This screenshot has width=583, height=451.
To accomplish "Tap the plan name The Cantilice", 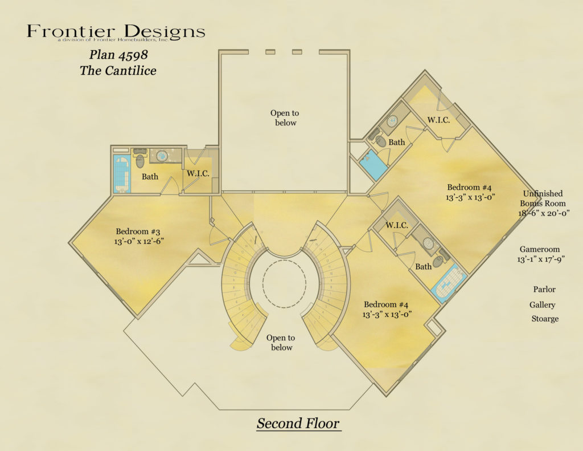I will click(x=118, y=71).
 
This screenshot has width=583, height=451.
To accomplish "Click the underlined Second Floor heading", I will click(x=298, y=424).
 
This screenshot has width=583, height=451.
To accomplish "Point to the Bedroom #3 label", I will click(x=138, y=231).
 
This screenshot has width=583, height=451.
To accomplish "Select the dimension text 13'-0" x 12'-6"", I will click(x=138, y=242).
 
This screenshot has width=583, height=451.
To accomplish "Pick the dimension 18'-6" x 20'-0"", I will click(x=544, y=213).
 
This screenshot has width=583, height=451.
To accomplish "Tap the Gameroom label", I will click(x=540, y=249).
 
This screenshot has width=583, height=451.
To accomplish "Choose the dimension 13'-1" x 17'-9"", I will click(x=541, y=260).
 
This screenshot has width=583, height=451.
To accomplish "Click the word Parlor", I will click(x=544, y=290).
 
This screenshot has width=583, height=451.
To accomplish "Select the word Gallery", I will click(x=543, y=305).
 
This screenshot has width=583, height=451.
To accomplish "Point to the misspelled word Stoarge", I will click(x=545, y=319).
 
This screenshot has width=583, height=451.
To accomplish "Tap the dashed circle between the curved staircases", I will click(x=285, y=283).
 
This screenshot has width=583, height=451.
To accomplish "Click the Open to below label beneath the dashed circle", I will click(x=281, y=343).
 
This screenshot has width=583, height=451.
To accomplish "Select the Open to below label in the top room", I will click(x=284, y=118).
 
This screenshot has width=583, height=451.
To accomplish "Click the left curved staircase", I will click(x=241, y=285).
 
